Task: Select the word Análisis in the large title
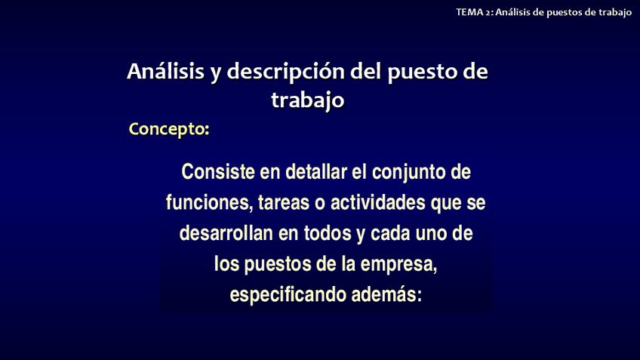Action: pos(165,71)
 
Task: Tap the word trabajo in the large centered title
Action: pos(308,100)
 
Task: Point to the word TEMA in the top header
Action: pos(469,12)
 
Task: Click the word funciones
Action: pos(209,203)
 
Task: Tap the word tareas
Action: pos(284,203)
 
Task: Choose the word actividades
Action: pos(378,202)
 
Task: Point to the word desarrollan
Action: pos(226,233)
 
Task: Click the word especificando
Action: pos(288,295)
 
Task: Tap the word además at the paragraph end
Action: pos(386,294)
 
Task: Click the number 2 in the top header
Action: pos(488,13)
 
